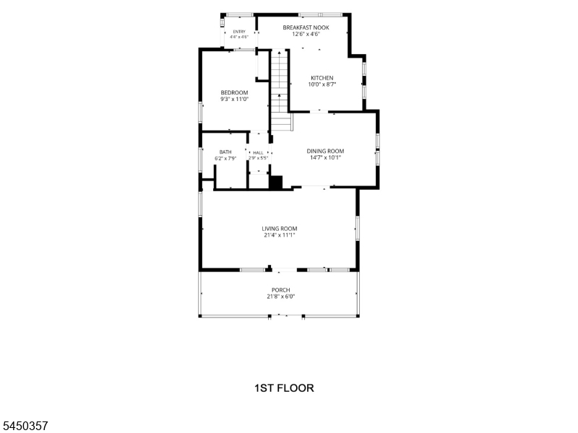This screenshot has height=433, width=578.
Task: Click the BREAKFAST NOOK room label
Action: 306,27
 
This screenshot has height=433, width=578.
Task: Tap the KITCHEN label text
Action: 322,78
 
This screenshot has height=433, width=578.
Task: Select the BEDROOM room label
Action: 234,92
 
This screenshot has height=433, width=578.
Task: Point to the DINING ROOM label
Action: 326,151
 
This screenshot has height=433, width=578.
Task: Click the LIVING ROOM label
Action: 280,229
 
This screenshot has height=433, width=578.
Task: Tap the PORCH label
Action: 281,290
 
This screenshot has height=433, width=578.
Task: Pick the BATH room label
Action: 225,152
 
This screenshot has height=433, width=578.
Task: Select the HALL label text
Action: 258,152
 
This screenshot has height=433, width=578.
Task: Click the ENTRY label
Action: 239,32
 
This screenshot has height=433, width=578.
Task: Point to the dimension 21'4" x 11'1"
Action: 280,235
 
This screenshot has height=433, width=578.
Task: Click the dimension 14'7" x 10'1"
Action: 326,157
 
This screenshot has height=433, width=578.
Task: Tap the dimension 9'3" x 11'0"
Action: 234,99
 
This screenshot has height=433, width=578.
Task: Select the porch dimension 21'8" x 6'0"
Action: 281,297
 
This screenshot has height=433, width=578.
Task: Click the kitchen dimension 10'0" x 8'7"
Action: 322,84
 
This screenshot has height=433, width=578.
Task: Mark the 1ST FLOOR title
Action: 284,388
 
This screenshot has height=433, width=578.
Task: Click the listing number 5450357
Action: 24,426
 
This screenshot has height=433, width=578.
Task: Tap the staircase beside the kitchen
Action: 280,91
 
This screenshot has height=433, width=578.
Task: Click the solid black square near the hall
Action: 276,183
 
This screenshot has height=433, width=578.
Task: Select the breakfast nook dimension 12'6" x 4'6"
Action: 306,34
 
